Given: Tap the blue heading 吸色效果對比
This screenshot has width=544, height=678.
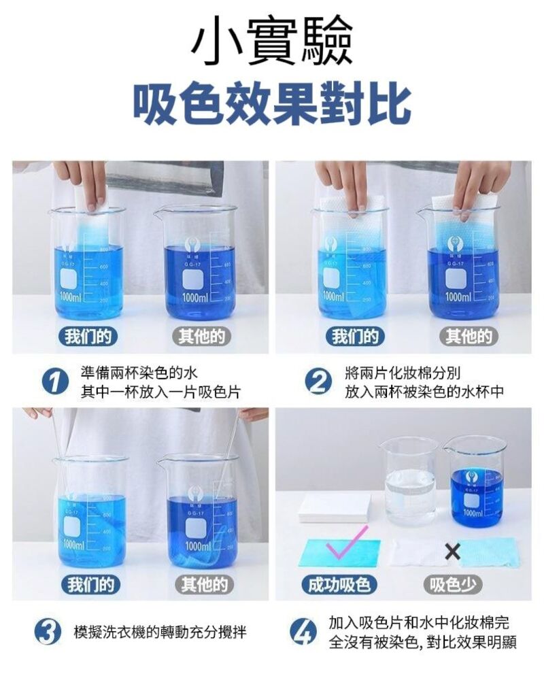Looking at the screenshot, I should pyautogui.click(x=272, y=104).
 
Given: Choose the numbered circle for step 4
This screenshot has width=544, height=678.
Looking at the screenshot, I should pyautogui.click(x=303, y=632).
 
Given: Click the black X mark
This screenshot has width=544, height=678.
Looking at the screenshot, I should pyautogui.click(x=452, y=552).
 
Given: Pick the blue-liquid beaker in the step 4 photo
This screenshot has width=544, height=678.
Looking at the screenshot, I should pyautogui.click(x=477, y=479).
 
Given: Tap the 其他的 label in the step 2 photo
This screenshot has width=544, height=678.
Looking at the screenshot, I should pyautogui.click(x=469, y=336).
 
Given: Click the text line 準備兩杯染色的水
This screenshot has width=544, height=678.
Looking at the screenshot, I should pyautogui.click(x=139, y=373).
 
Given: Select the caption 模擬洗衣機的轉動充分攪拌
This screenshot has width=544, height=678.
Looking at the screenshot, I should pyautogui.click(x=160, y=632).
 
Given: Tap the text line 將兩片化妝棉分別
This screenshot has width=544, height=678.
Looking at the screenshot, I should pyautogui.click(x=403, y=373).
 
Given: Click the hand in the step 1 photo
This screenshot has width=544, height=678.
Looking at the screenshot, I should pyautogui.click(x=82, y=180).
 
